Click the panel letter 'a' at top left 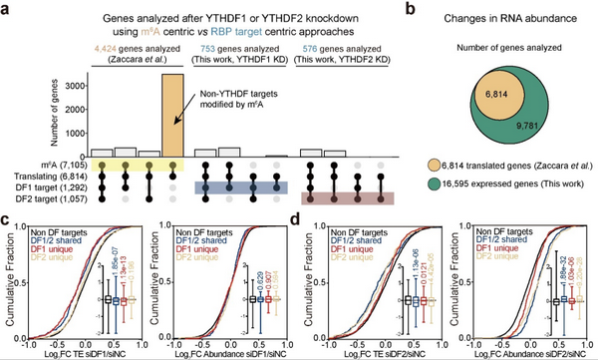coord(8,8)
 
